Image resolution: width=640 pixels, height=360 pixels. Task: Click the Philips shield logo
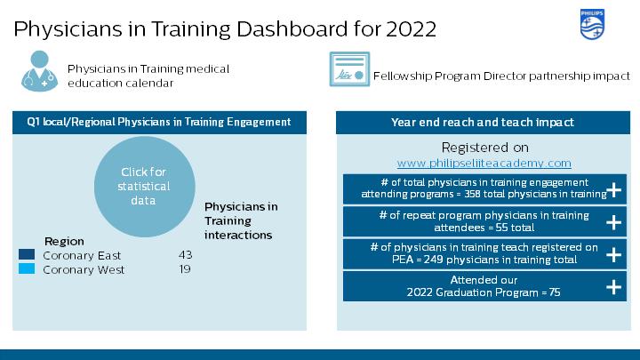point(592,25)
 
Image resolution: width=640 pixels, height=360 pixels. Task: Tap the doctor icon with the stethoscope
point(39,71)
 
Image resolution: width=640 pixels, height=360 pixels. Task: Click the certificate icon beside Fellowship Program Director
point(349,69)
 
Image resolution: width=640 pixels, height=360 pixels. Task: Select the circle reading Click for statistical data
point(145,187)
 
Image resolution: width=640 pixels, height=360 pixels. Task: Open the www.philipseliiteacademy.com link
point(484,163)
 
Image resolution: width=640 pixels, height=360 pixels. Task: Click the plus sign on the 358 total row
point(613,190)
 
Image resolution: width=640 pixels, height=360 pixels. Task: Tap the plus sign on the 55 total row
point(613,222)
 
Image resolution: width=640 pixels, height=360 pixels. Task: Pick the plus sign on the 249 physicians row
point(613,255)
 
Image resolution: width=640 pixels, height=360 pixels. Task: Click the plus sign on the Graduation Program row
point(613,287)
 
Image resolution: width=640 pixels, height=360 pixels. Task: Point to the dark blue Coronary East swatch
point(27,255)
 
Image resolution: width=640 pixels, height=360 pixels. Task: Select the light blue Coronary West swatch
point(27,268)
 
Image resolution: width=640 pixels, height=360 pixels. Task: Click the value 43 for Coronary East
point(185,255)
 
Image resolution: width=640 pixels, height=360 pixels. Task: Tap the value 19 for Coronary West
point(185,269)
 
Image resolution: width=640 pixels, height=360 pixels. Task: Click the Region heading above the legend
point(64,241)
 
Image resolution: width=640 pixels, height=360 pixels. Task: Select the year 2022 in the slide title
point(411,29)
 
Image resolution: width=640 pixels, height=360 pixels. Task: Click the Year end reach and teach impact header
point(483,123)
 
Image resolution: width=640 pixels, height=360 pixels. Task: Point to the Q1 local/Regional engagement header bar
point(159,123)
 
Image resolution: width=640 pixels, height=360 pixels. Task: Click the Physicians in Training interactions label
point(241,220)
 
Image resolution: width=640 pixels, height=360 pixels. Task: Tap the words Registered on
point(485,148)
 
